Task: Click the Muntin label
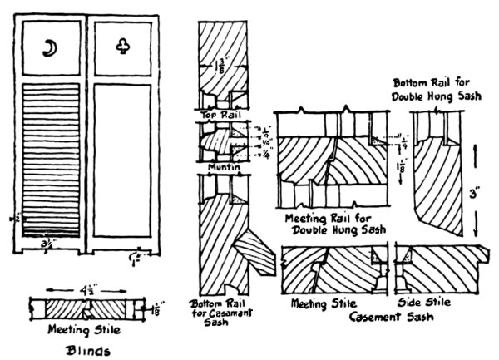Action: (x=219, y=167)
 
